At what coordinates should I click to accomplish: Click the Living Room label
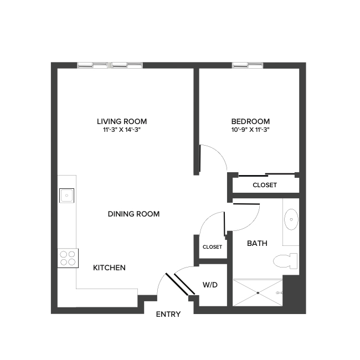pyautogui.click(x=121, y=121)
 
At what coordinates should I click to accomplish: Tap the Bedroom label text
pyautogui.click(x=250, y=121)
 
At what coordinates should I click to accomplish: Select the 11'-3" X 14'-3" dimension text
pyautogui.click(x=121, y=131)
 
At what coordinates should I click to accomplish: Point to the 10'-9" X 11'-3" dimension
pyautogui.click(x=250, y=131)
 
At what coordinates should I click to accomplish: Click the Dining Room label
pyautogui.click(x=133, y=214)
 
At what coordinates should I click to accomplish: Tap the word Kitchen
pyautogui.click(x=109, y=268)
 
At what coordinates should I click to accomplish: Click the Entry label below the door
pyautogui.click(x=168, y=314)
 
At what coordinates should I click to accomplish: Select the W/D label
pyautogui.click(x=210, y=285)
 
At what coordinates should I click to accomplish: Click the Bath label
pyautogui.click(x=256, y=243)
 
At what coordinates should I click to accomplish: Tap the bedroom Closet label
pyautogui.click(x=264, y=185)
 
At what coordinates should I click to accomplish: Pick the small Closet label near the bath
pyautogui.click(x=212, y=247)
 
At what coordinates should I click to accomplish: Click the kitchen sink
pyautogui.click(x=66, y=194)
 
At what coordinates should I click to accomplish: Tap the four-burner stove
pyautogui.click(x=68, y=258)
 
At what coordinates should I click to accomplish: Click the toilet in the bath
pyautogui.click(x=285, y=261)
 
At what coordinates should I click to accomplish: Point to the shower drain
pyautogui.click(x=257, y=292)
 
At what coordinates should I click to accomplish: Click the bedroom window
pyautogui.click(x=247, y=65)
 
